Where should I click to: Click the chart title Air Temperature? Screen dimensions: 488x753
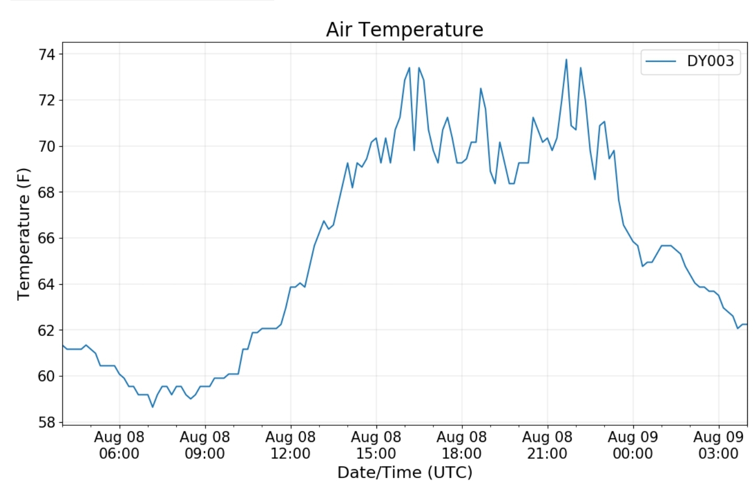404,30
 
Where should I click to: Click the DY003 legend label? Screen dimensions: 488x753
710,61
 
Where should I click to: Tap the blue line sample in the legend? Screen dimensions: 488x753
660,61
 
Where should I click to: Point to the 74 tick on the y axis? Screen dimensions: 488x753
47,54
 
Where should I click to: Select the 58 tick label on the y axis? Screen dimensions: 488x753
47,422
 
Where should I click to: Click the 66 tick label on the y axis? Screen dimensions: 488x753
47,238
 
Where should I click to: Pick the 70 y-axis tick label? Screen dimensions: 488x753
47,146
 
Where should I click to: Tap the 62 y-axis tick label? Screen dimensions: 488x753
47,330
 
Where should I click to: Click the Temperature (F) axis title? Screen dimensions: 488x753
24,234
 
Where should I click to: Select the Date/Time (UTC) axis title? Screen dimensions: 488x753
404,472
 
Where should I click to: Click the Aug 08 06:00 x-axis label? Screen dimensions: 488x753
119,445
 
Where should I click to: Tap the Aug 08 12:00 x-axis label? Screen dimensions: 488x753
290,445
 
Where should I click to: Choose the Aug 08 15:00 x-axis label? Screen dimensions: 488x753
376,445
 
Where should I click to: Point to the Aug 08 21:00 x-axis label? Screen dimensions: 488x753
547,445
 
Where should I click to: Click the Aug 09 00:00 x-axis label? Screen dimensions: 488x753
633,445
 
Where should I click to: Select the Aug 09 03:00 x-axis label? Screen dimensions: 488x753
718,445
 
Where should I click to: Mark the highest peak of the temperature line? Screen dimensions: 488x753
566,60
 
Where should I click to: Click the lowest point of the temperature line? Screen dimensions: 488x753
153,406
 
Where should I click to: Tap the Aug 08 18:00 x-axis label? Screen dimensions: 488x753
462,445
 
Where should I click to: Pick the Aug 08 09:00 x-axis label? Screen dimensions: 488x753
205,445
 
